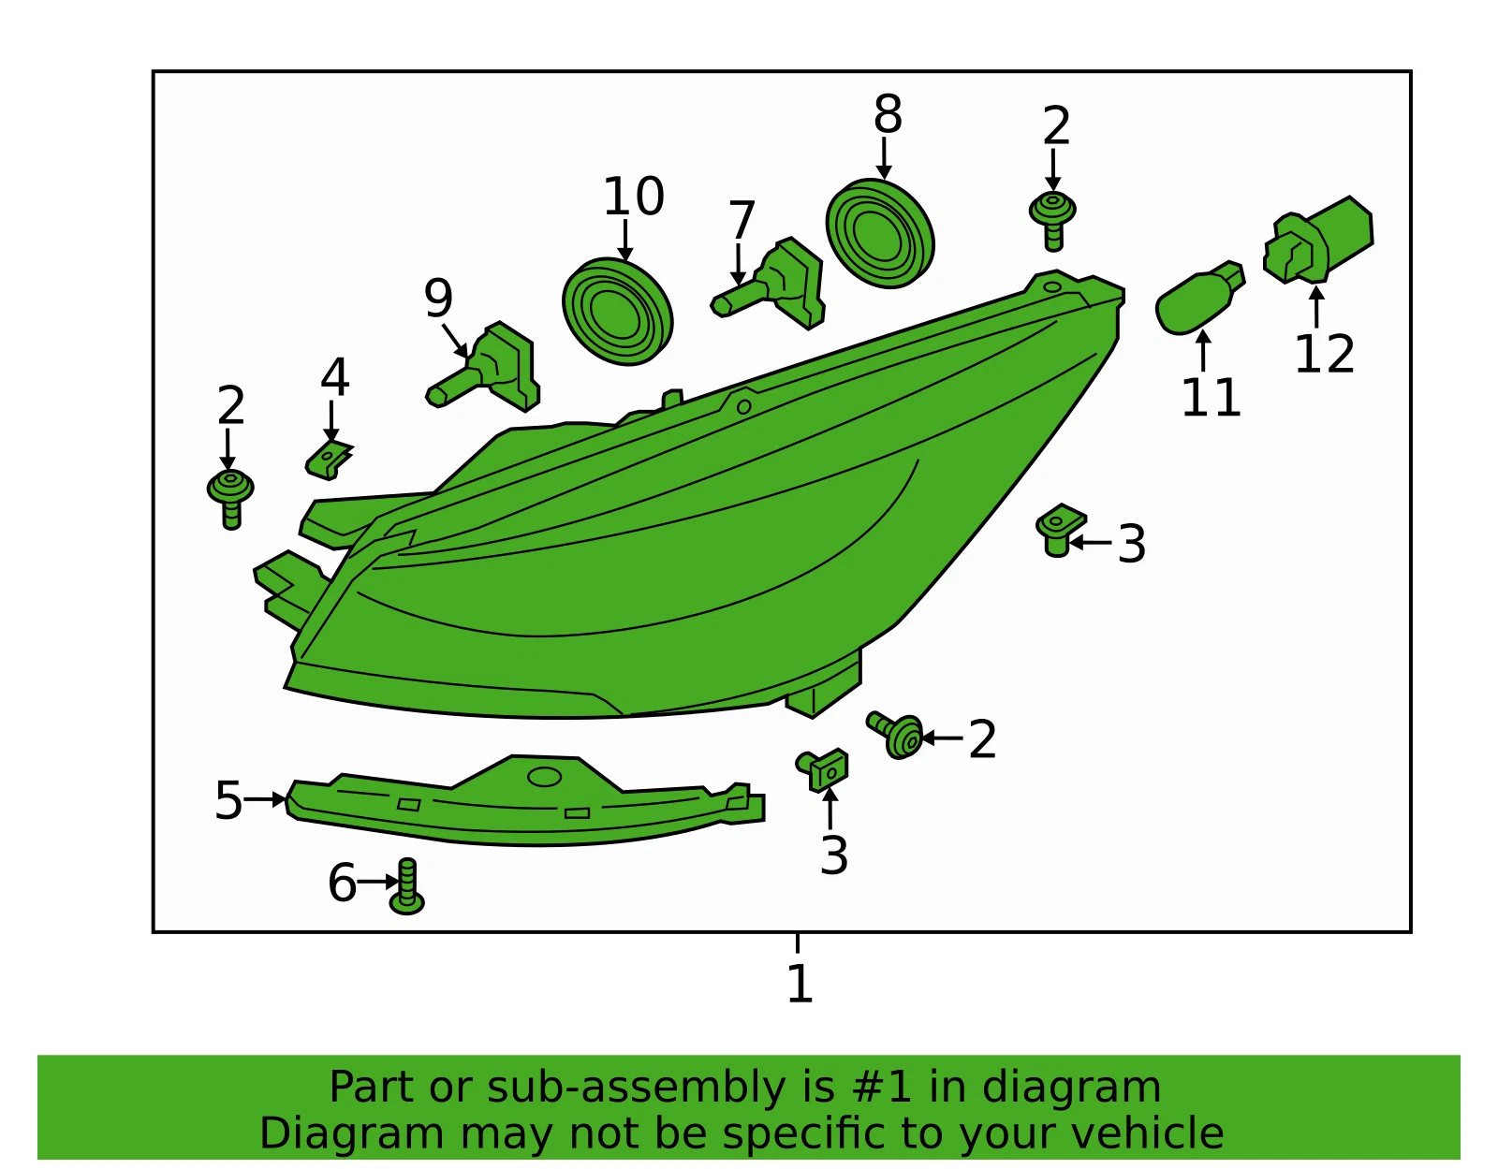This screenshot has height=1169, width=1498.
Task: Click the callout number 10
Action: click(634, 197)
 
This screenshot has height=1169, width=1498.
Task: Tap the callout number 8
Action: click(888, 114)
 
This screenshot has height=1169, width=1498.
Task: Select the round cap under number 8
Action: click(880, 234)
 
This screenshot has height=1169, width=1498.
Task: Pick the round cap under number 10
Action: click(617, 312)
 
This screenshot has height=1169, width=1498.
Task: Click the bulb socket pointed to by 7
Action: click(775, 283)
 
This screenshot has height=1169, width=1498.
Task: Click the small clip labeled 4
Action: click(329, 460)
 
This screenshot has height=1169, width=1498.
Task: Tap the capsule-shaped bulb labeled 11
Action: click(1200, 298)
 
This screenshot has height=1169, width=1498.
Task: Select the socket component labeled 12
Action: click(1317, 241)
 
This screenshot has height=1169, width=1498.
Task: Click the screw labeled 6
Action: click(406, 886)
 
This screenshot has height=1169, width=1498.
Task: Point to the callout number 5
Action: click(228, 800)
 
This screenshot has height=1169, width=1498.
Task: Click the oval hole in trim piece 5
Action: click(544, 777)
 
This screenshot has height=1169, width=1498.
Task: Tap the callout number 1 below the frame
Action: click(800, 984)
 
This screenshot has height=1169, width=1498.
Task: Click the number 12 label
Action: click(1324, 354)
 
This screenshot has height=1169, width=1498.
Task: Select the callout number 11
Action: click(1212, 398)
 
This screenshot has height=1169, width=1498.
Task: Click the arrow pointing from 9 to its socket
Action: click(456, 341)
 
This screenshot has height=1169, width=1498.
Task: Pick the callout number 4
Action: click(335, 377)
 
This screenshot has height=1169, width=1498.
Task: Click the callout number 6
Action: click(342, 883)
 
